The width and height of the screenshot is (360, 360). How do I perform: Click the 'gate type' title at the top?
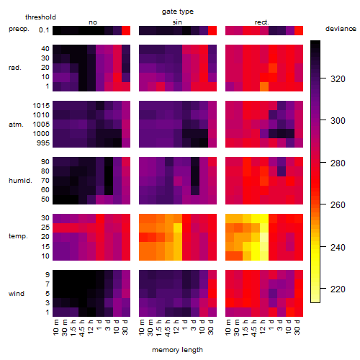(178, 12)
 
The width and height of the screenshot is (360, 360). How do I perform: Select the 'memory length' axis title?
(177, 350)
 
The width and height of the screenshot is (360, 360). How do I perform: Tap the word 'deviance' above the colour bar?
(341, 29)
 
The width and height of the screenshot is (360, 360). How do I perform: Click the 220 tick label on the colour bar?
(338, 289)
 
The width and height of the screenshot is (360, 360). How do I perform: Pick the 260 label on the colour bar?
(338, 205)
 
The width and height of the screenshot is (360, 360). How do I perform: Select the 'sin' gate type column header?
(177, 22)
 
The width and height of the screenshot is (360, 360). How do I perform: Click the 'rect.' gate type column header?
(262, 22)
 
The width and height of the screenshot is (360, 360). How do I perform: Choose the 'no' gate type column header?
(93, 22)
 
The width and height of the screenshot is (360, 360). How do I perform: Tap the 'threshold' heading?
(40, 17)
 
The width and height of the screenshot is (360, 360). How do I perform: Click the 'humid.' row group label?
(20, 181)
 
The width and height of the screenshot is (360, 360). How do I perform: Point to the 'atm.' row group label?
(16, 125)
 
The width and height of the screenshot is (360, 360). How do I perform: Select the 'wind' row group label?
(17, 294)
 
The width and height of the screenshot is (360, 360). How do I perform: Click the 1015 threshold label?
(41, 106)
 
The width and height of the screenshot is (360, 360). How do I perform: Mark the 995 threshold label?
(43, 143)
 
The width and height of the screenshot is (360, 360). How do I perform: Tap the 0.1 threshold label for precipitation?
(44, 30)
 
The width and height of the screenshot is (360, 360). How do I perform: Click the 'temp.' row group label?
(18, 236)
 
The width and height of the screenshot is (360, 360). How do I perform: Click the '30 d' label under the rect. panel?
(297, 327)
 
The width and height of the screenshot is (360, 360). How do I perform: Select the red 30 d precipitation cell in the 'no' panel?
(126, 30)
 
